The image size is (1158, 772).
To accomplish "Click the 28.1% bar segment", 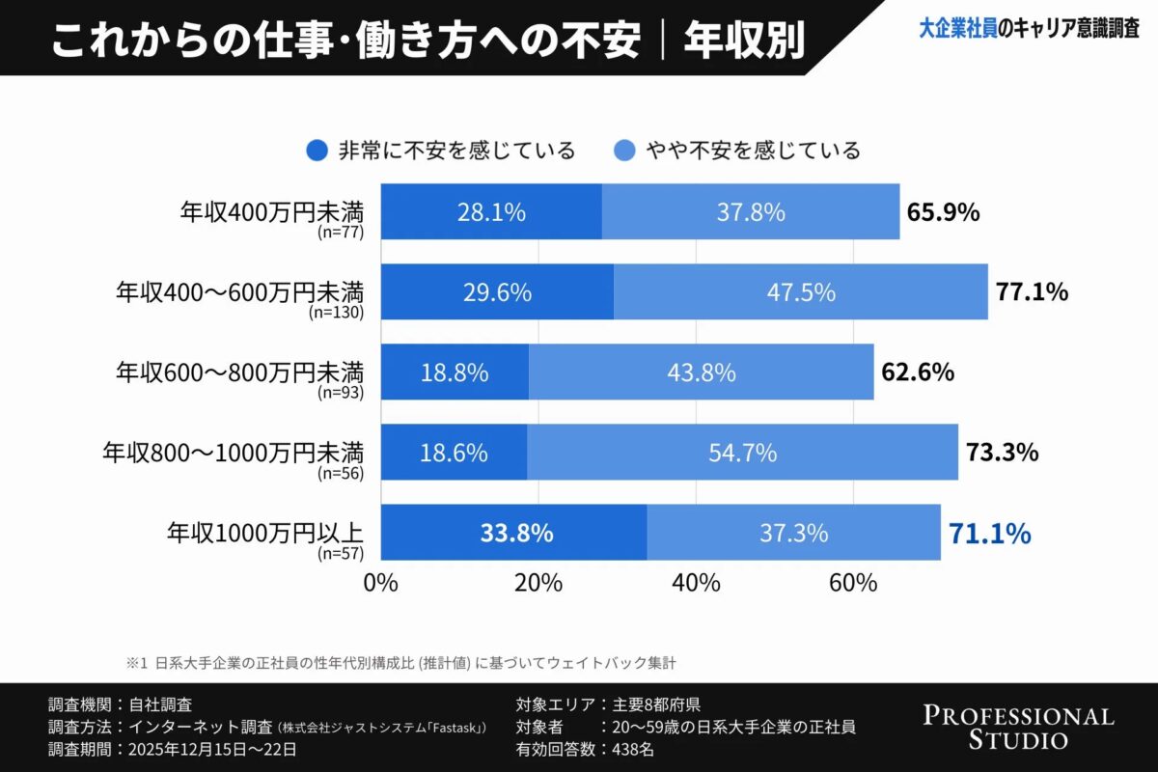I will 491,211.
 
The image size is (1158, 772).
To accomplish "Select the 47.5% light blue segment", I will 800,291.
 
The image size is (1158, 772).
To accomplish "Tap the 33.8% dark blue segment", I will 513,532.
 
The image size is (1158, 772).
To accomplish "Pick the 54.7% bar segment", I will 742,452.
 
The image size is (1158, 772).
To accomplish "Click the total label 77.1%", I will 1032,291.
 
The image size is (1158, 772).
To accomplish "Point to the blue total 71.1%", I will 990,532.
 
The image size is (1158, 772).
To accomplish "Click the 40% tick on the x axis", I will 696,583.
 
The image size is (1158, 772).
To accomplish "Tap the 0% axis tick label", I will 380,583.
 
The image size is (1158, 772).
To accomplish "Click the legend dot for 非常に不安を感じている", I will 317,151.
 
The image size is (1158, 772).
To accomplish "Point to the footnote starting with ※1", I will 405,663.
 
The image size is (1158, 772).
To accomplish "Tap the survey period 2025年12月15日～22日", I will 207,749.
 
